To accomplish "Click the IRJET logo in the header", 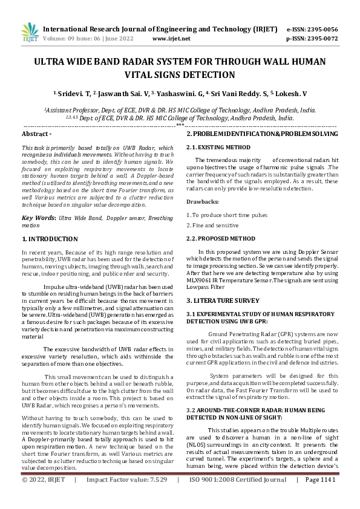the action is click(29, 33).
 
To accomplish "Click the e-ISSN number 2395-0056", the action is click(321, 29).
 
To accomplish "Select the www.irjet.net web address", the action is click(171, 38).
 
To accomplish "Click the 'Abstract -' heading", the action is click(37, 133).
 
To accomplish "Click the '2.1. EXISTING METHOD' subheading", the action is click(218, 147).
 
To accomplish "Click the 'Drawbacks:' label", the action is click(203, 201).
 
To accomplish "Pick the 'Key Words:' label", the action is click(39, 217).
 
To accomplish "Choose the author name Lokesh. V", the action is click(292, 94).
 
